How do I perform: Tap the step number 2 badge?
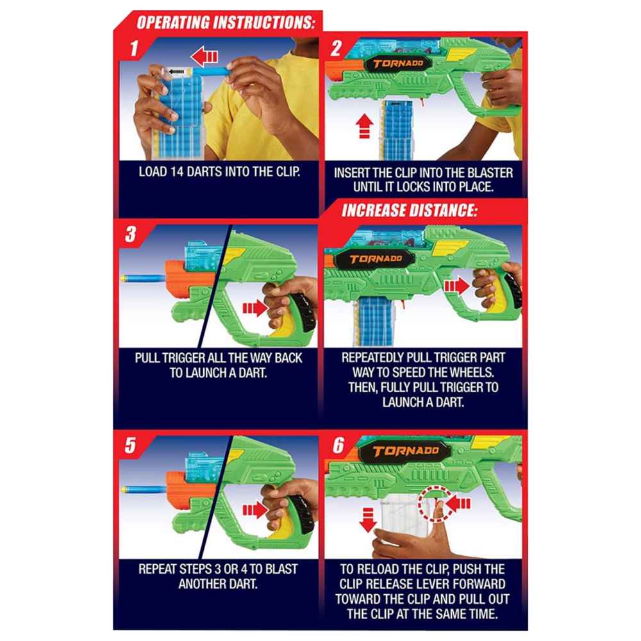337,49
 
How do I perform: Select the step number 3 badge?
130,235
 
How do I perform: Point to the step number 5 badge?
130,445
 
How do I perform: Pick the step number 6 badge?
338,445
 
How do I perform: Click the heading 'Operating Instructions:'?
226,22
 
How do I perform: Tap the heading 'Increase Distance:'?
409,210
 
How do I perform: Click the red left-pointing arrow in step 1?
204,56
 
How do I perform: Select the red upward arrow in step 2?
364,126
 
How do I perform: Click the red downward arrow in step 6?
368,520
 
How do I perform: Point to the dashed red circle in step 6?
436,503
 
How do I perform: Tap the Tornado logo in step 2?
397,63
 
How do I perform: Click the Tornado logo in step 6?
405,451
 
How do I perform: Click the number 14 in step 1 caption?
177,172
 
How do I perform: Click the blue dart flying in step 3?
143,279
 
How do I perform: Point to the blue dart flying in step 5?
144,490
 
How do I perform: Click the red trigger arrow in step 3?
254,308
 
